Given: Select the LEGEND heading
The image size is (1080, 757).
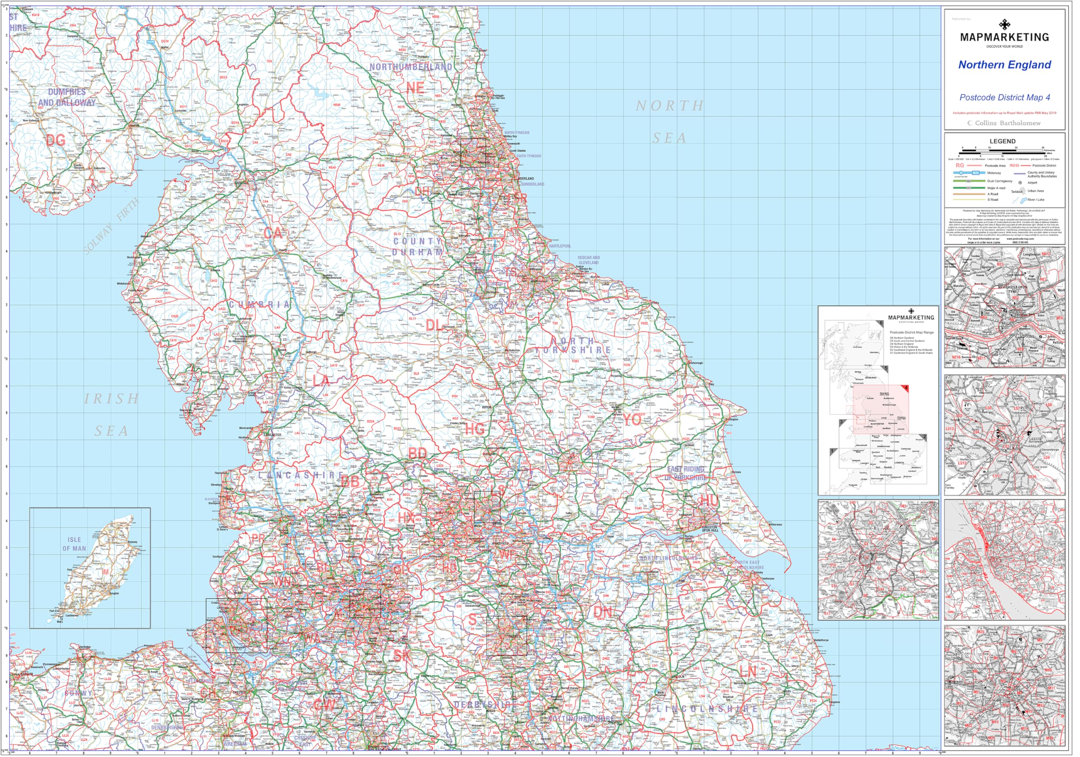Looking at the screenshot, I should (x=1002, y=141).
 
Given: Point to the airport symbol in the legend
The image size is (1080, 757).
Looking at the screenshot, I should (x=1020, y=183).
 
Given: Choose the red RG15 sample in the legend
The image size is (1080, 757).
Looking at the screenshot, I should (x=1014, y=165).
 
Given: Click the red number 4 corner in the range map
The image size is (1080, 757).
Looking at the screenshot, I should (x=906, y=388).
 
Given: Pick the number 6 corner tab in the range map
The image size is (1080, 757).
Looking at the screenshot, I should (x=880, y=323).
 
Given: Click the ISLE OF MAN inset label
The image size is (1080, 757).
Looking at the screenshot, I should (x=74, y=544).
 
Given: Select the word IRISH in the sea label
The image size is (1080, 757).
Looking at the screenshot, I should (x=112, y=399).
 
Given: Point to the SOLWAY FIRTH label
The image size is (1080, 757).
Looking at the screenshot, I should (x=112, y=226).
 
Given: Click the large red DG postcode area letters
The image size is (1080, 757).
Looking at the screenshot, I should (x=56, y=140).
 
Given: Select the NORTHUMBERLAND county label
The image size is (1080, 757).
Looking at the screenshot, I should (x=410, y=67).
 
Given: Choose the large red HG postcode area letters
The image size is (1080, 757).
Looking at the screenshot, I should (x=474, y=429).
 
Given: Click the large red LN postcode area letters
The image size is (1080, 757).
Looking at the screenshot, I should (x=748, y=671).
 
